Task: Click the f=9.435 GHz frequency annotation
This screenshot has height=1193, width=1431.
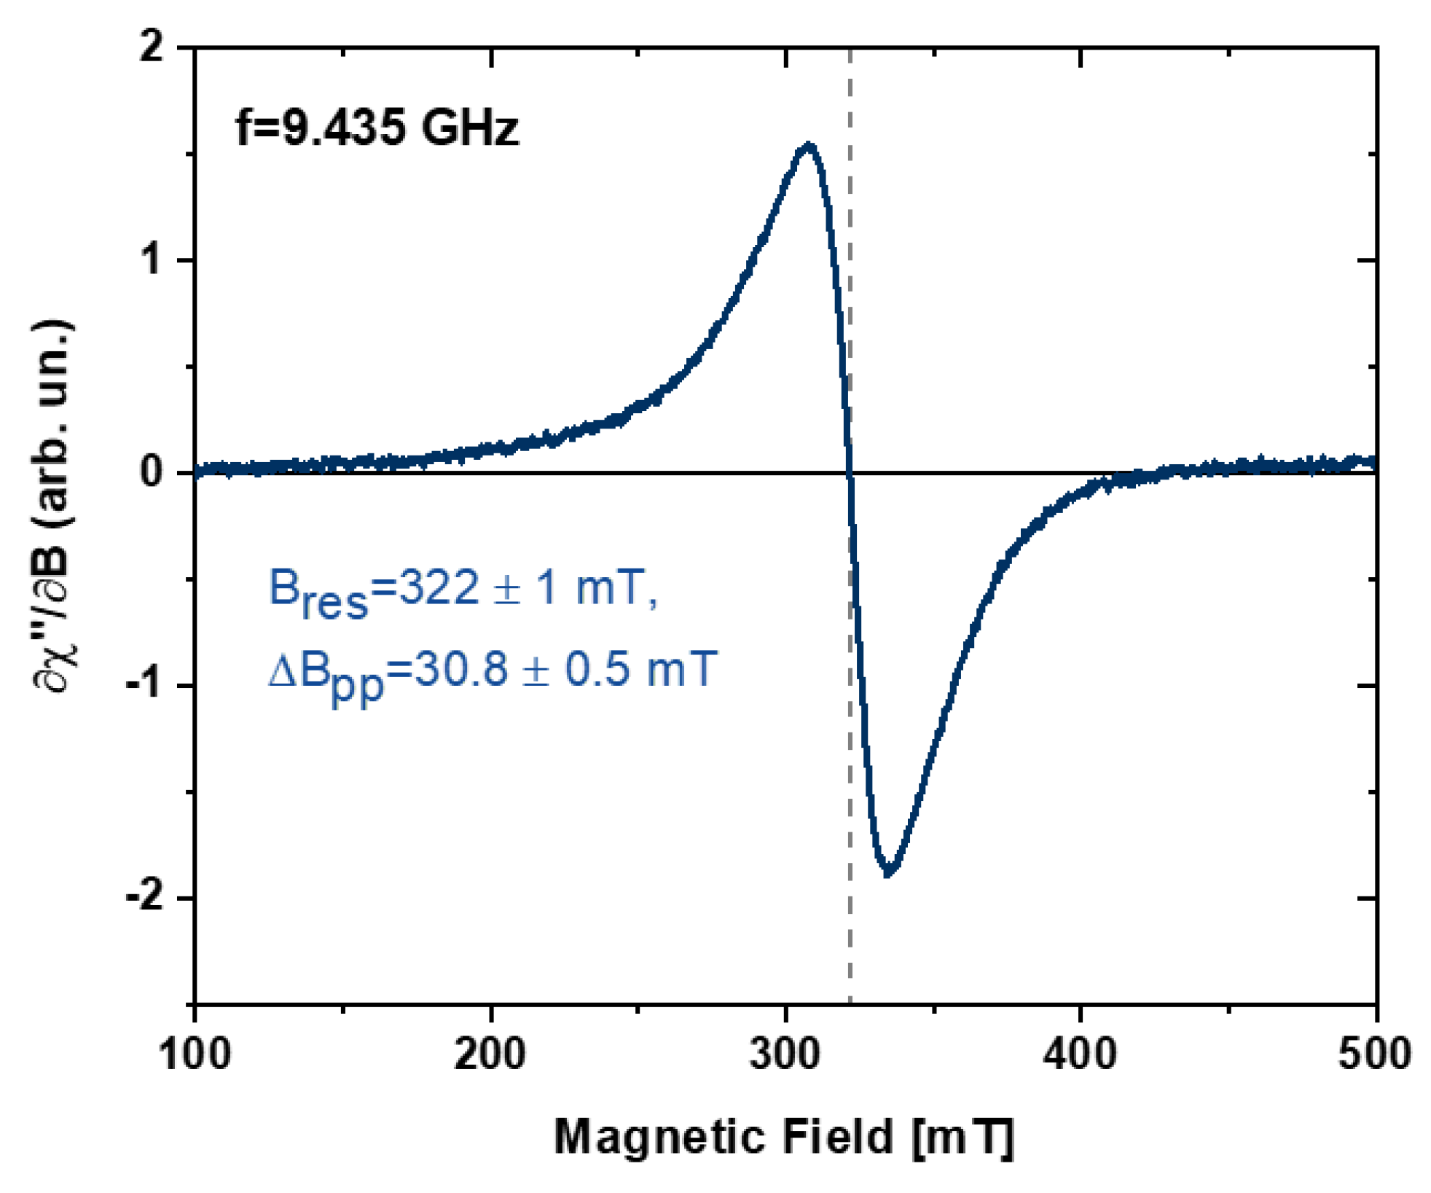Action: pyautogui.click(x=377, y=128)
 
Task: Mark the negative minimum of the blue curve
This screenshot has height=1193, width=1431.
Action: pyautogui.click(x=888, y=872)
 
